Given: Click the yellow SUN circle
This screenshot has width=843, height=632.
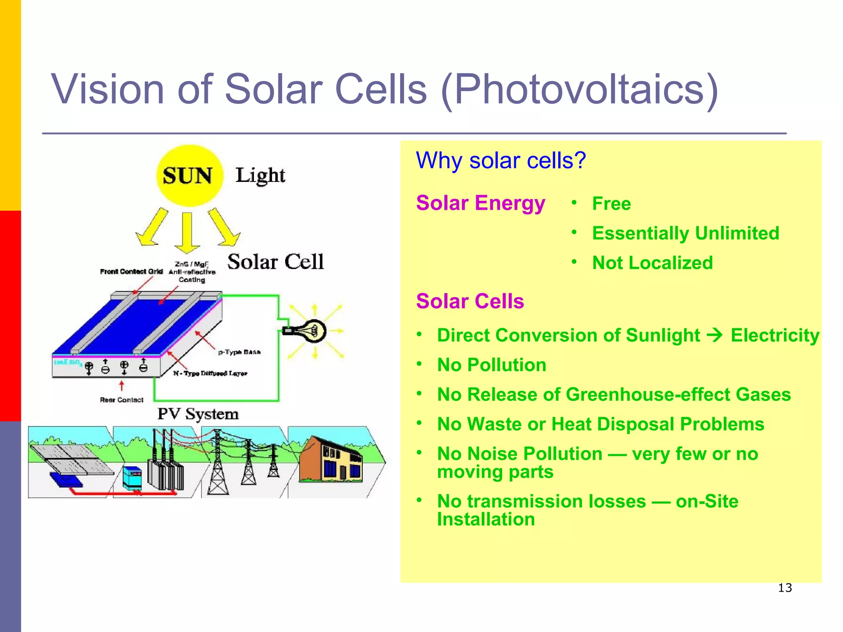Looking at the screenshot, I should (x=190, y=176).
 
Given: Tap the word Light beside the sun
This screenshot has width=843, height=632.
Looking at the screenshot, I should (x=260, y=175).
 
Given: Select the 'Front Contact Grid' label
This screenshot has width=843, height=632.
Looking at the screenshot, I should (x=131, y=272).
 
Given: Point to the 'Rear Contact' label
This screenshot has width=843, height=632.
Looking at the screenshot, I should (x=121, y=400).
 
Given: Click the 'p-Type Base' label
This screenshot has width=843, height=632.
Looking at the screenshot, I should (x=239, y=352).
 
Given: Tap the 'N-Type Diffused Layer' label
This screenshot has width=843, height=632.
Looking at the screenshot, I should (x=210, y=373).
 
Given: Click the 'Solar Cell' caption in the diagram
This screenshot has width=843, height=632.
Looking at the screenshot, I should (x=275, y=262).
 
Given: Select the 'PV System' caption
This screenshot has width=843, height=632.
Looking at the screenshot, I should (x=198, y=414).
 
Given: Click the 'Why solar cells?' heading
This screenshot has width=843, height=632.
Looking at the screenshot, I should (x=501, y=160).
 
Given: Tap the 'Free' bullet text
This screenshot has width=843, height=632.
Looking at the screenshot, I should (x=611, y=204).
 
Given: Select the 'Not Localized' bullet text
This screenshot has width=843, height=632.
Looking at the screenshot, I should (x=652, y=263).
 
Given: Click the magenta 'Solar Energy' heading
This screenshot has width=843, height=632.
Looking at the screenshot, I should (x=480, y=203).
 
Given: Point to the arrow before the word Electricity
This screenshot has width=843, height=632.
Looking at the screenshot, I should (x=715, y=335).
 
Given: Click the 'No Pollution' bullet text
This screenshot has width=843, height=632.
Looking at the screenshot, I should (x=491, y=365).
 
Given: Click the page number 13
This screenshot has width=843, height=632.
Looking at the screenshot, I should (x=785, y=588).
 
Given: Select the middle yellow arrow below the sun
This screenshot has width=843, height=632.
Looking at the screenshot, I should (x=187, y=233).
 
